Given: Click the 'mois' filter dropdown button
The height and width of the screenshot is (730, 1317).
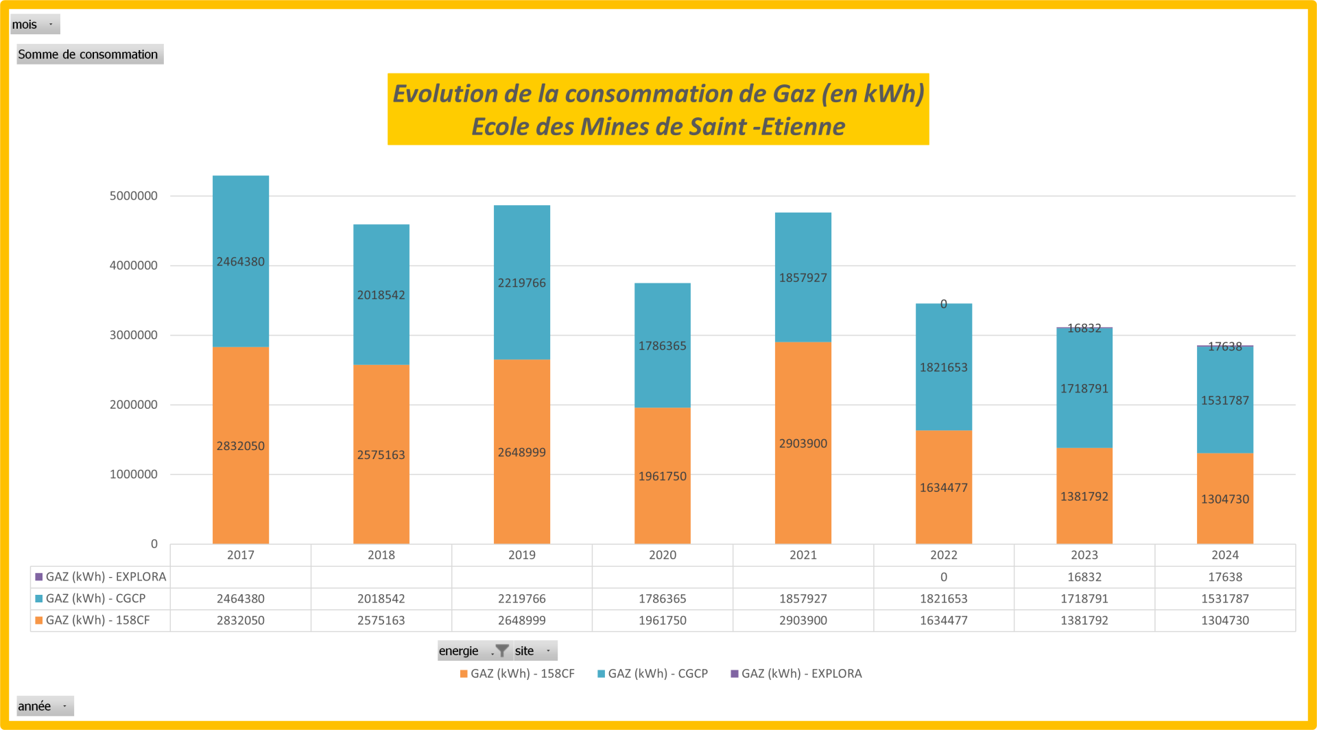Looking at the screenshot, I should click(x=35, y=25).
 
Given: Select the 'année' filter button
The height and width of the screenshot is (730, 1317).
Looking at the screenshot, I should click(x=45, y=706).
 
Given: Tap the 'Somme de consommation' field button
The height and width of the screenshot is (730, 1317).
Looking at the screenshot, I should click(x=89, y=54).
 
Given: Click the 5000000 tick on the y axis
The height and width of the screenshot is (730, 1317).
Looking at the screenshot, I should click(x=134, y=196).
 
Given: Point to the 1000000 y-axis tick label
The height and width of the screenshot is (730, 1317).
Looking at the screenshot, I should click(x=134, y=474).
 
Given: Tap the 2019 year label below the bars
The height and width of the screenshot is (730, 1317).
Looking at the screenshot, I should click(x=521, y=555).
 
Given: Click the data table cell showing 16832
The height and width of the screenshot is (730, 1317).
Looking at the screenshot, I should click(x=1084, y=577).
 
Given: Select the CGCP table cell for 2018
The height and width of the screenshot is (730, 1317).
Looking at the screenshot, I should click(x=381, y=598).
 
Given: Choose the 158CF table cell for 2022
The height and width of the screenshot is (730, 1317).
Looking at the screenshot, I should click(x=943, y=620).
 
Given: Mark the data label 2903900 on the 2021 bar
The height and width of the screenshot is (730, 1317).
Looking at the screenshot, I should click(x=803, y=444).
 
